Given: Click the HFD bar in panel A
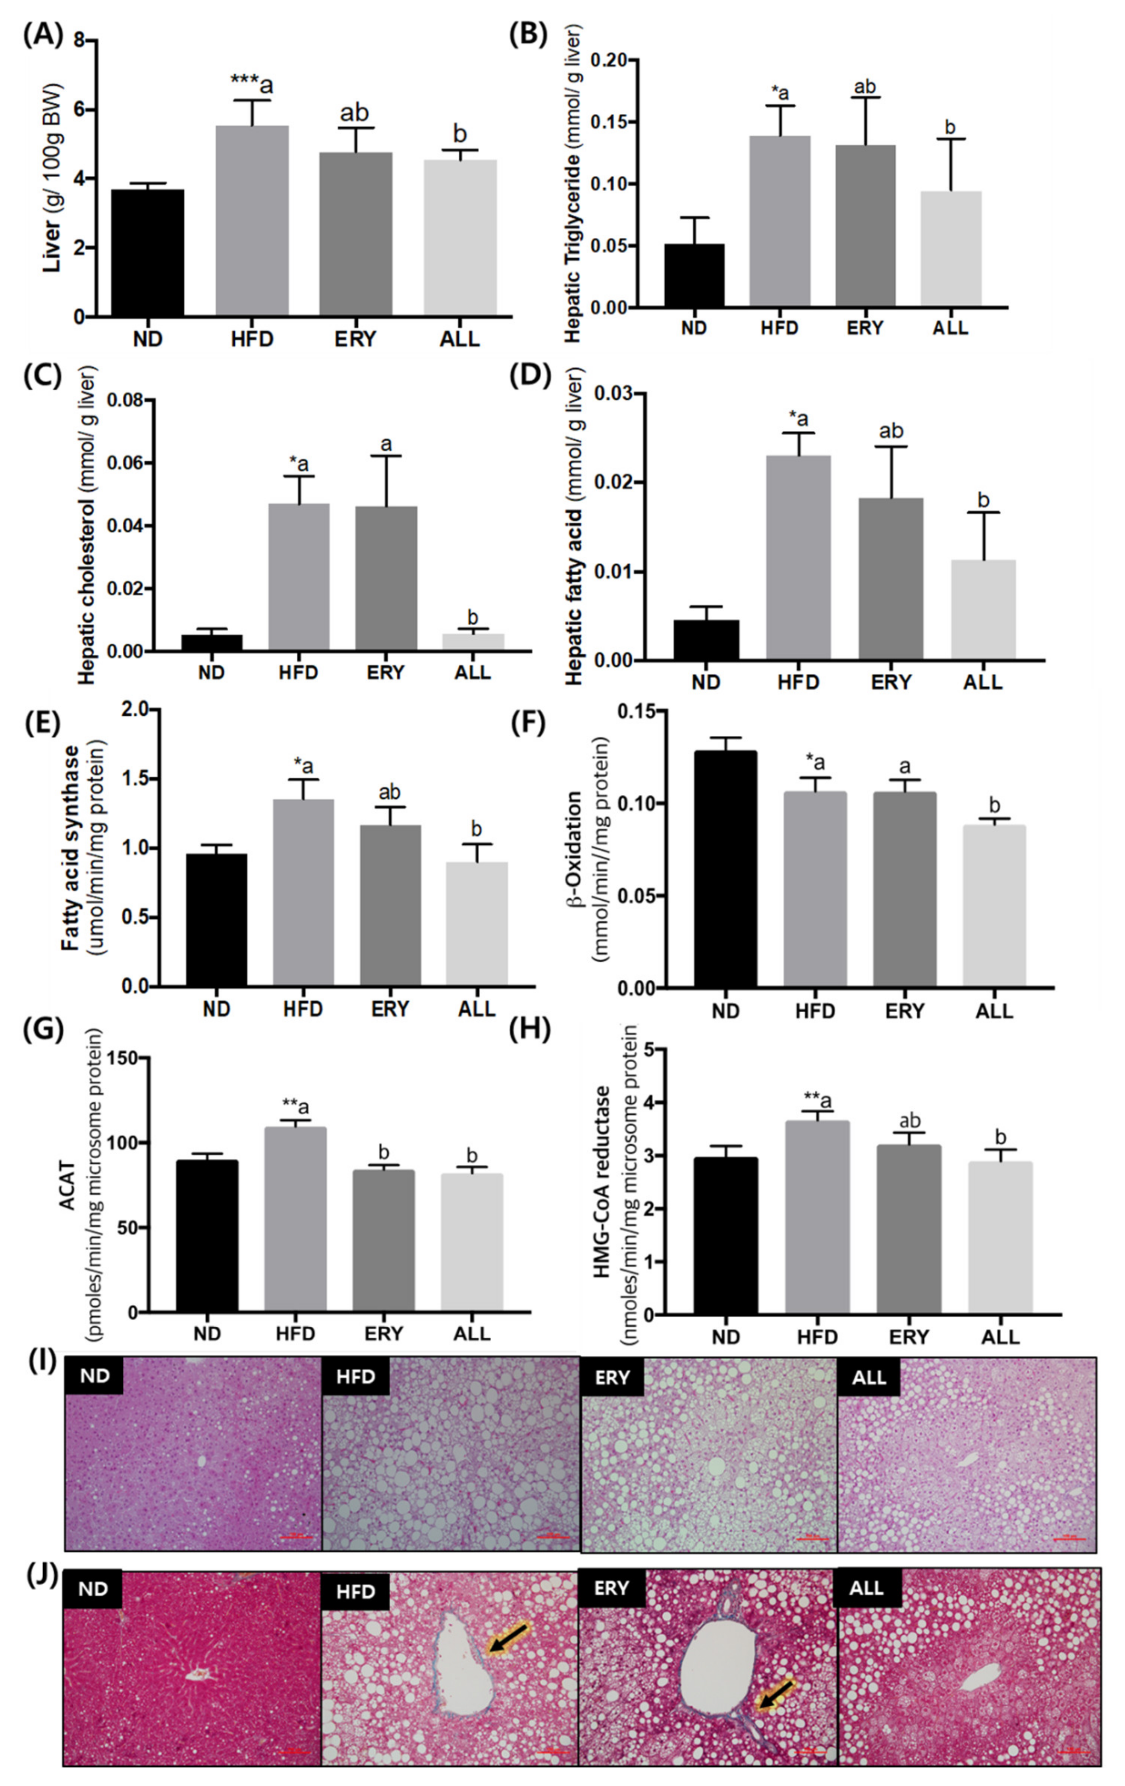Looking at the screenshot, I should (252, 221).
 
